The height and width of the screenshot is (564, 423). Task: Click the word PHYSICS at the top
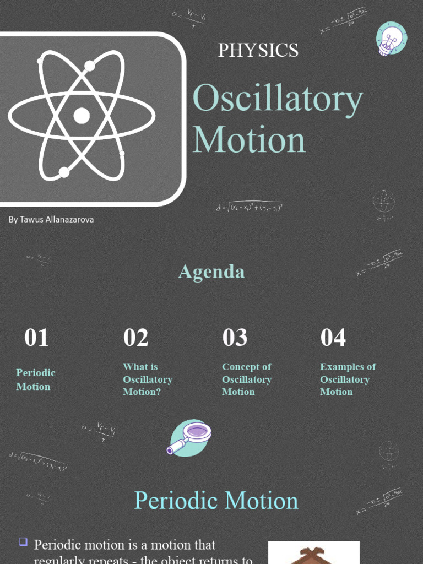point(258,50)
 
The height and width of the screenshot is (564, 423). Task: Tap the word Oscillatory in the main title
point(278,100)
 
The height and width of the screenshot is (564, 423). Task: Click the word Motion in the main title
point(249,140)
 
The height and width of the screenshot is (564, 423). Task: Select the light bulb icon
point(391,39)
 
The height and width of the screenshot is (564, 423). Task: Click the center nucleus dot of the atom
point(82,116)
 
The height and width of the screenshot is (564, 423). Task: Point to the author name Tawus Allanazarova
point(51,219)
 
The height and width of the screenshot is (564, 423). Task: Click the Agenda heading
point(211,272)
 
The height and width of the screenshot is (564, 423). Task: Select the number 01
point(36,338)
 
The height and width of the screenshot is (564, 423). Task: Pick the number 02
point(135,338)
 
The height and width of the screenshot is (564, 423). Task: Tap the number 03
point(235,338)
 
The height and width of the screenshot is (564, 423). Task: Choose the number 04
point(333,338)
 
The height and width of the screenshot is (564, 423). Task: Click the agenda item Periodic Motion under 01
point(36,379)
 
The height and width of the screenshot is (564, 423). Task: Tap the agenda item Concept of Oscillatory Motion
point(247,379)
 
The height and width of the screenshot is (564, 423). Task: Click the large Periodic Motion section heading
point(216,501)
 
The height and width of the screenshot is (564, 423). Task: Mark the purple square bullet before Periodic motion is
point(23,541)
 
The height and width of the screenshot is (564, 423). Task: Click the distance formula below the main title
point(250,207)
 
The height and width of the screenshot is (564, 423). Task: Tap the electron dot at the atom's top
point(90,66)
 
